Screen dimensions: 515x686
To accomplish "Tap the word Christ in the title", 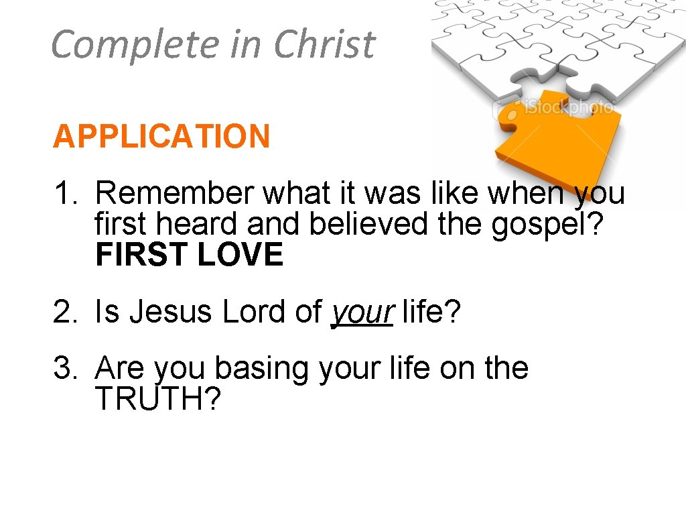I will coord(324,44).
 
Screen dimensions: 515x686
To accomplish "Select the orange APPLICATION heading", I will coord(161,137).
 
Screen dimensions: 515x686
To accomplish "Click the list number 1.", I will coord(65,194).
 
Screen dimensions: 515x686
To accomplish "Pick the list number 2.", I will coord(65,312).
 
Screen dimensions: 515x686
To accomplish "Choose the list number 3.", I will coord(65,368).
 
